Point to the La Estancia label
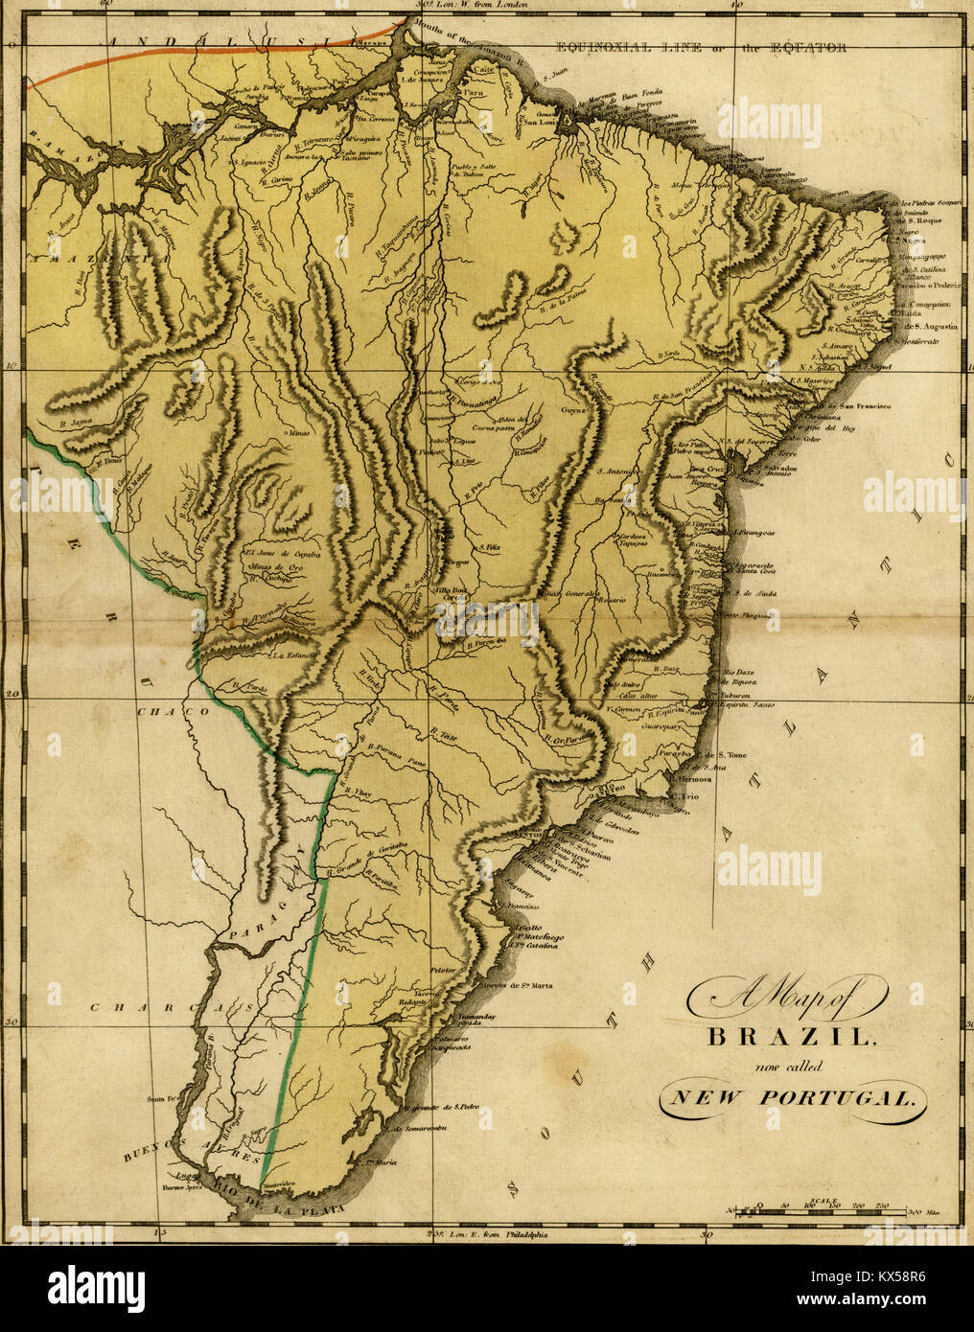pyautogui.click(x=294, y=656)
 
